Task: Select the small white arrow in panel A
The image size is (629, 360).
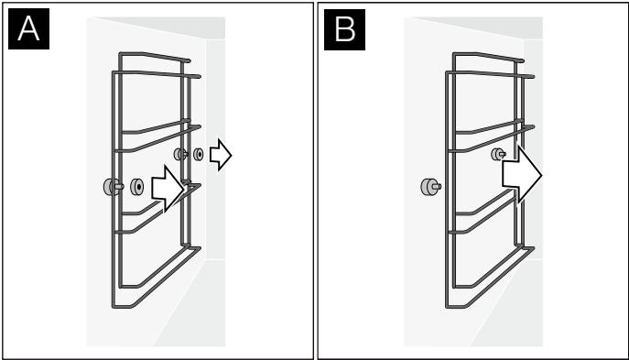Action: click(220, 156)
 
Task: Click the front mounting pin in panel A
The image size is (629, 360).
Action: click(113, 187)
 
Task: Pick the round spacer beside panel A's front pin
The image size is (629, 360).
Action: click(138, 187)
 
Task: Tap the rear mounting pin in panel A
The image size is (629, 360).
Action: click(181, 155)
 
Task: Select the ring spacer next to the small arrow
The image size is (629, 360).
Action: click(198, 155)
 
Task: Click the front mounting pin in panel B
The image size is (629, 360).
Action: click(428, 187)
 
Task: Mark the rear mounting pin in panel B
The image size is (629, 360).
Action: click(500, 155)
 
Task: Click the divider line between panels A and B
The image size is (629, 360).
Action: click(314, 180)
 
